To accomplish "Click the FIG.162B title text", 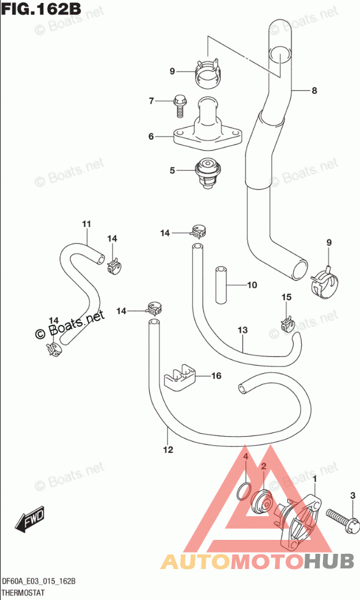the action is pyautogui.click(x=41, y=9).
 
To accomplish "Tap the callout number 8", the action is pyautogui.click(x=314, y=90).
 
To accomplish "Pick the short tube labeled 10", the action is pyautogui.click(x=220, y=285).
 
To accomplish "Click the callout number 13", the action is pyautogui.click(x=243, y=330).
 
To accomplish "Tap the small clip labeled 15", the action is pyautogui.click(x=287, y=324).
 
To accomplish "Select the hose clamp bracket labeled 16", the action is pyautogui.click(x=180, y=379).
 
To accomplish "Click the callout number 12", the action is pyautogui.click(x=168, y=449).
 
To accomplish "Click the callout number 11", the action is pyautogui.click(x=86, y=224).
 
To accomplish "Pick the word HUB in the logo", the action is pyautogui.click(x=330, y=561).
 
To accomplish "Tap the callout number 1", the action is pyautogui.click(x=315, y=479).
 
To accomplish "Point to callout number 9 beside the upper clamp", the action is pyautogui.click(x=172, y=71).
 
